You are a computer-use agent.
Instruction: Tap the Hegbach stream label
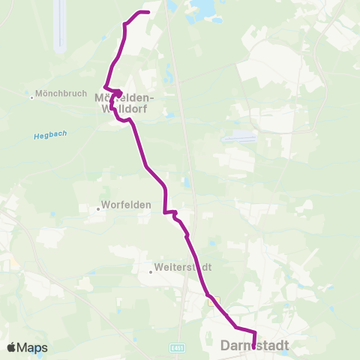50,135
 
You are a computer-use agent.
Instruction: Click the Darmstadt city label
255,346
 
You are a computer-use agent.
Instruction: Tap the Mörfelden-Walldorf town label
124,103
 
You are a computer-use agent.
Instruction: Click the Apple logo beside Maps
13,347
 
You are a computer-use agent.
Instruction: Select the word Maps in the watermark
33,347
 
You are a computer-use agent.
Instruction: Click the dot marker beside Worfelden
98,210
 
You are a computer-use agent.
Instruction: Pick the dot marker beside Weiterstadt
150,271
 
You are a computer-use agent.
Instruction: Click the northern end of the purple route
148,12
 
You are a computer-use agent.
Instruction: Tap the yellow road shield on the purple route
213,302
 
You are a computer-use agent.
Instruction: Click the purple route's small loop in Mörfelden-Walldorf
117,94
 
